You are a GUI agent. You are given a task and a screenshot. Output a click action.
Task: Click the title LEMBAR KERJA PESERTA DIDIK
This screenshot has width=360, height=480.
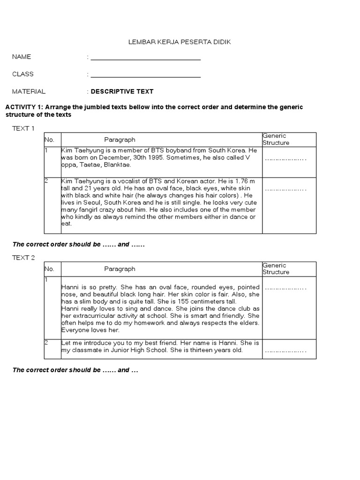[x=180, y=42]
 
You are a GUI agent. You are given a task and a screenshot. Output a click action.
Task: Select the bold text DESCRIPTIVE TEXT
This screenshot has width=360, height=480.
[x=122, y=91]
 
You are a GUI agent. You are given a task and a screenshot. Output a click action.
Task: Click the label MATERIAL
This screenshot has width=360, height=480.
[x=29, y=91]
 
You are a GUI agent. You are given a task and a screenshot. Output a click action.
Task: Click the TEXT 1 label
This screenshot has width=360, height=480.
[x=23, y=128]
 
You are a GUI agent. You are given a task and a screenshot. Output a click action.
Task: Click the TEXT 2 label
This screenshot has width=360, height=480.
[x=23, y=257]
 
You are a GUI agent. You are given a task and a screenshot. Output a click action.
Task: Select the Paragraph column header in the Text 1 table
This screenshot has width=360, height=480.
[x=120, y=140]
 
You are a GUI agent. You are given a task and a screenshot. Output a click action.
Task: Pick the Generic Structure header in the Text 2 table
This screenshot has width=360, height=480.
[x=276, y=269]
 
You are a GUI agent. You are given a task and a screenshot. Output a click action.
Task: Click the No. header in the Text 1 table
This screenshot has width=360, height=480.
[x=50, y=140]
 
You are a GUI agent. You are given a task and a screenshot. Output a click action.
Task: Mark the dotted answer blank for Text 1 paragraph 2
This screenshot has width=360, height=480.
[x=285, y=190]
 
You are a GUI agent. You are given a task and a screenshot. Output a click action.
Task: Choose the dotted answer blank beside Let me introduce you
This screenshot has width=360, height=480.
[x=285, y=351]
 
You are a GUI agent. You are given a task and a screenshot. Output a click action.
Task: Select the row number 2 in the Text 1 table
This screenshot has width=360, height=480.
[x=46, y=181]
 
